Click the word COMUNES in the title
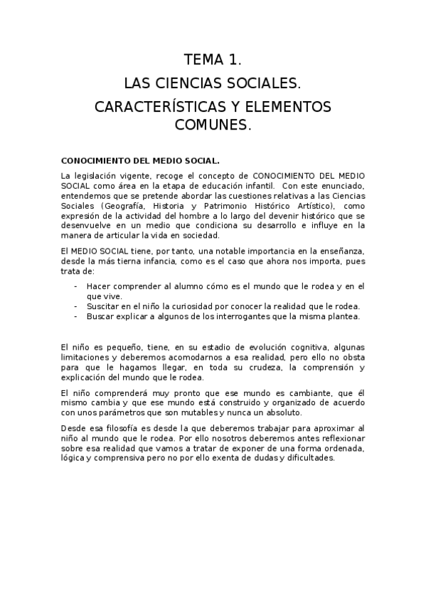211,125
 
